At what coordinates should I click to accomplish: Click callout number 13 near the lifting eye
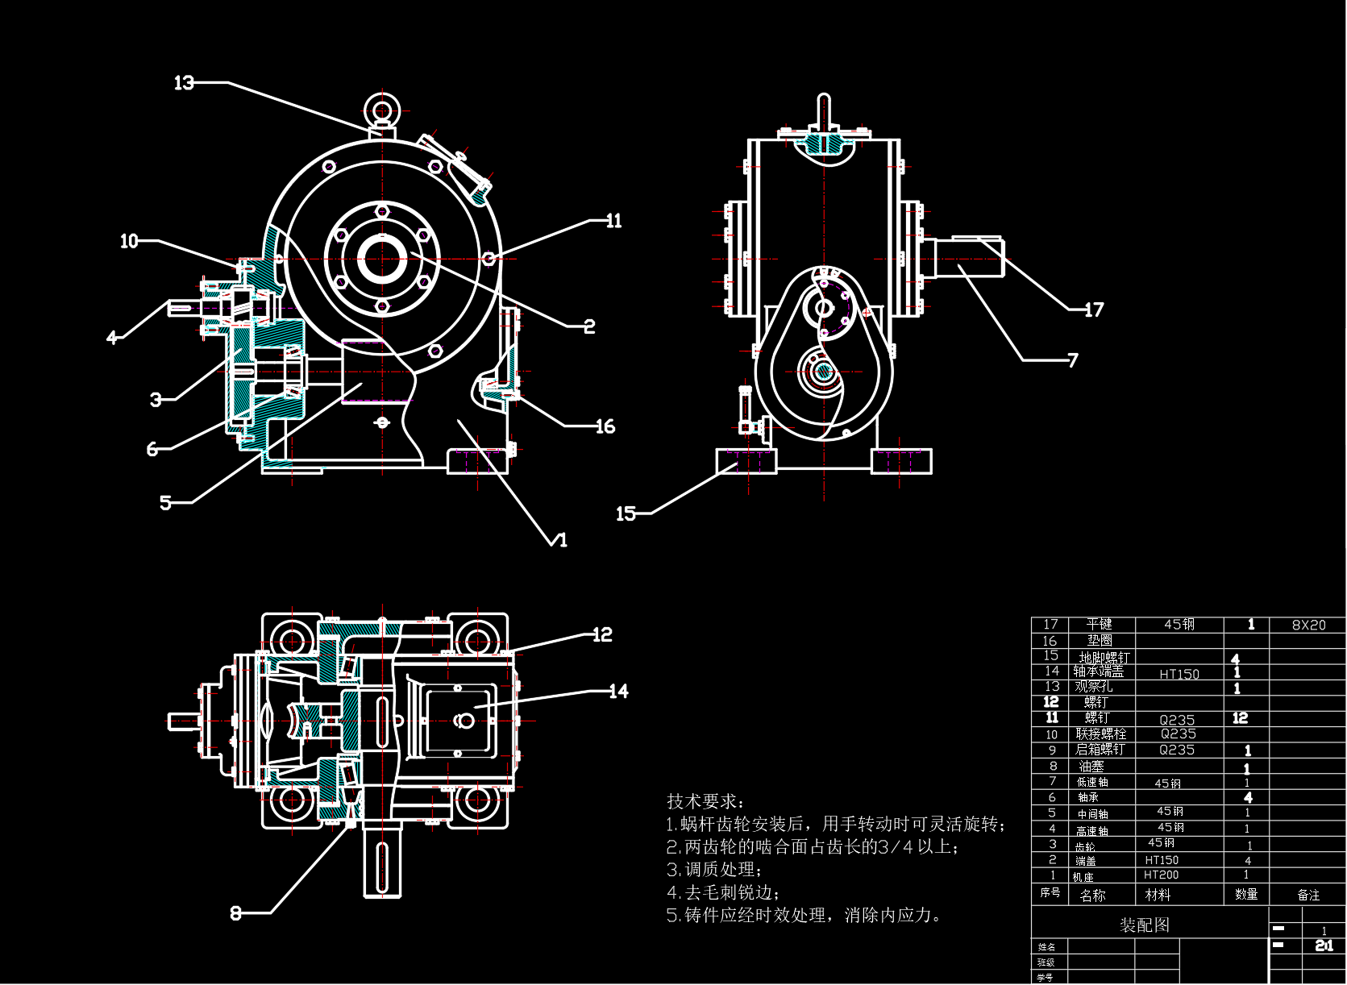pyautogui.click(x=185, y=82)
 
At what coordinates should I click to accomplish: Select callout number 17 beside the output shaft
pyautogui.click(x=1093, y=310)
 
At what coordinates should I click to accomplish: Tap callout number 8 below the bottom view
pyautogui.click(x=235, y=913)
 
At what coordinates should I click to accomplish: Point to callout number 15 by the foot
pyautogui.click(x=626, y=513)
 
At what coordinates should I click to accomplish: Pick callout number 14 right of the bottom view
pyautogui.click(x=618, y=691)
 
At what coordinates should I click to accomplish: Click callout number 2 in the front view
pyautogui.click(x=589, y=326)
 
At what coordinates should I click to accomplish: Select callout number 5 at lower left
pyautogui.click(x=165, y=503)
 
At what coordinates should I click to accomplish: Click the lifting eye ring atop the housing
pyautogui.click(x=381, y=109)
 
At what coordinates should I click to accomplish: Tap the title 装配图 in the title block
pyautogui.click(x=1144, y=925)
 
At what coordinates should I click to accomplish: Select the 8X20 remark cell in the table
pyautogui.click(x=1308, y=625)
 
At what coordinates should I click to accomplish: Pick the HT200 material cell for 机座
pyautogui.click(x=1162, y=875)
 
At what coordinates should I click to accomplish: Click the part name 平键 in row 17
pyautogui.click(x=1099, y=624)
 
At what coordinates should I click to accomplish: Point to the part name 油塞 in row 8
pyautogui.click(x=1091, y=766)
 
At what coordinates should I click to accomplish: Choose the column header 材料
pyautogui.click(x=1158, y=895)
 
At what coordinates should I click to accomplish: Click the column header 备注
pyautogui.click(x=1308, y=895)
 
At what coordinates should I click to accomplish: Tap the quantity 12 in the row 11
pyautogui.click(x=1240, y=718)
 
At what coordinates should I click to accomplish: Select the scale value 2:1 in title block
pyautogui.click(x=1324, y=946)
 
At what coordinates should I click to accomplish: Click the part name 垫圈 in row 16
pyautogui.click(x=1099, y=640)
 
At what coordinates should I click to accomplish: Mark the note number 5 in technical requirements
pyautogui.click(x=672, y=916)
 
